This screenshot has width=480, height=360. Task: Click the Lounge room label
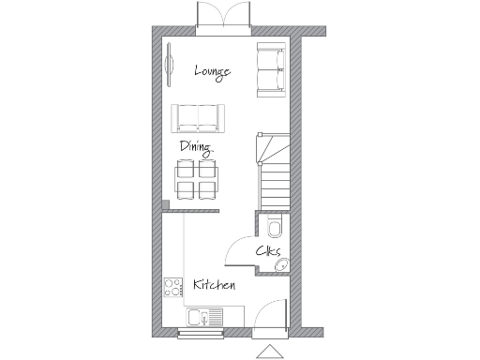[x=212, y=70]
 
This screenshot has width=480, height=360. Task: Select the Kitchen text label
[x=214, y=284]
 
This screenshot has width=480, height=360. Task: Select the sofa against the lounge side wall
[x=271, y=69]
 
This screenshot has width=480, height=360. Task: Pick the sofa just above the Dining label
[x=199, y=117]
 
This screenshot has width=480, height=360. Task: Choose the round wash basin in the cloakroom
[x=279, y=265]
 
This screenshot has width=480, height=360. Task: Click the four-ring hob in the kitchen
[x=172, y=286]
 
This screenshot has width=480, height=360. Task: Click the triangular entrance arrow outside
[x=269, y=352]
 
